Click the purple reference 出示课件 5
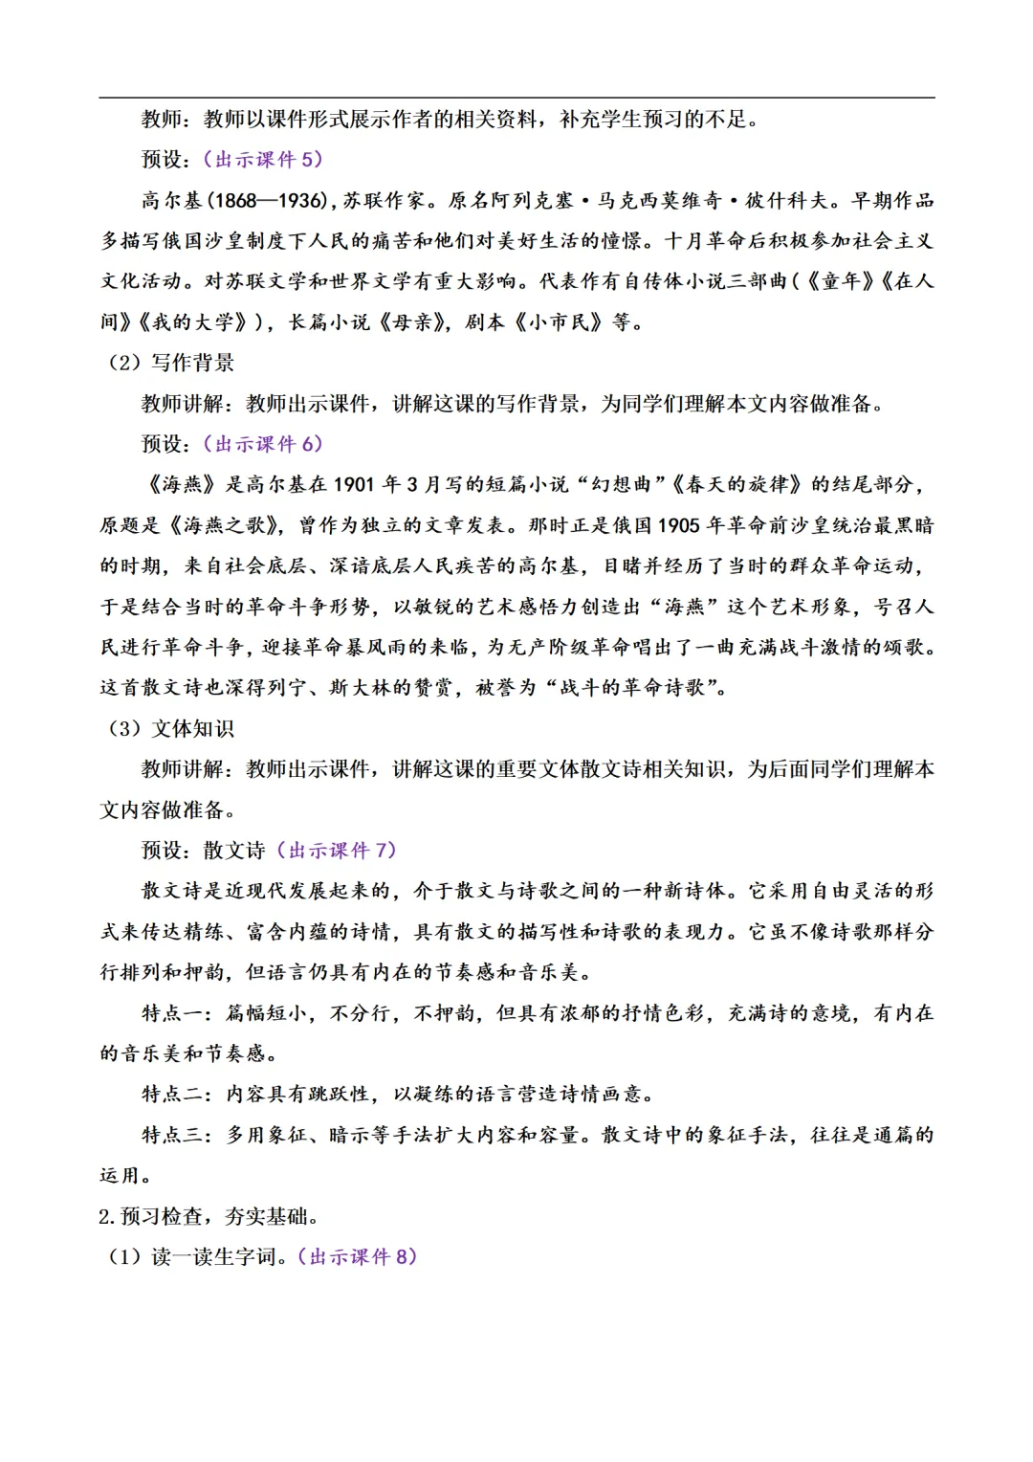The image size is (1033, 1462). click(263, 160)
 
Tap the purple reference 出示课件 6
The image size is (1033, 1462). click(263, 444)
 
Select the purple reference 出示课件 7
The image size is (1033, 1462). click(337, 851)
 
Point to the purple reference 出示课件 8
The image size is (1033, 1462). click(358, 1257)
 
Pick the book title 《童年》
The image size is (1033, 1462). click(841, 281)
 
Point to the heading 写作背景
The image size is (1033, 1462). click(192, 363)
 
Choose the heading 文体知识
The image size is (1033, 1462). click(192, 729)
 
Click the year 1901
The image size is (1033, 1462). click(353, 485)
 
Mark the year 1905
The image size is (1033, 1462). click(678, 525)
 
